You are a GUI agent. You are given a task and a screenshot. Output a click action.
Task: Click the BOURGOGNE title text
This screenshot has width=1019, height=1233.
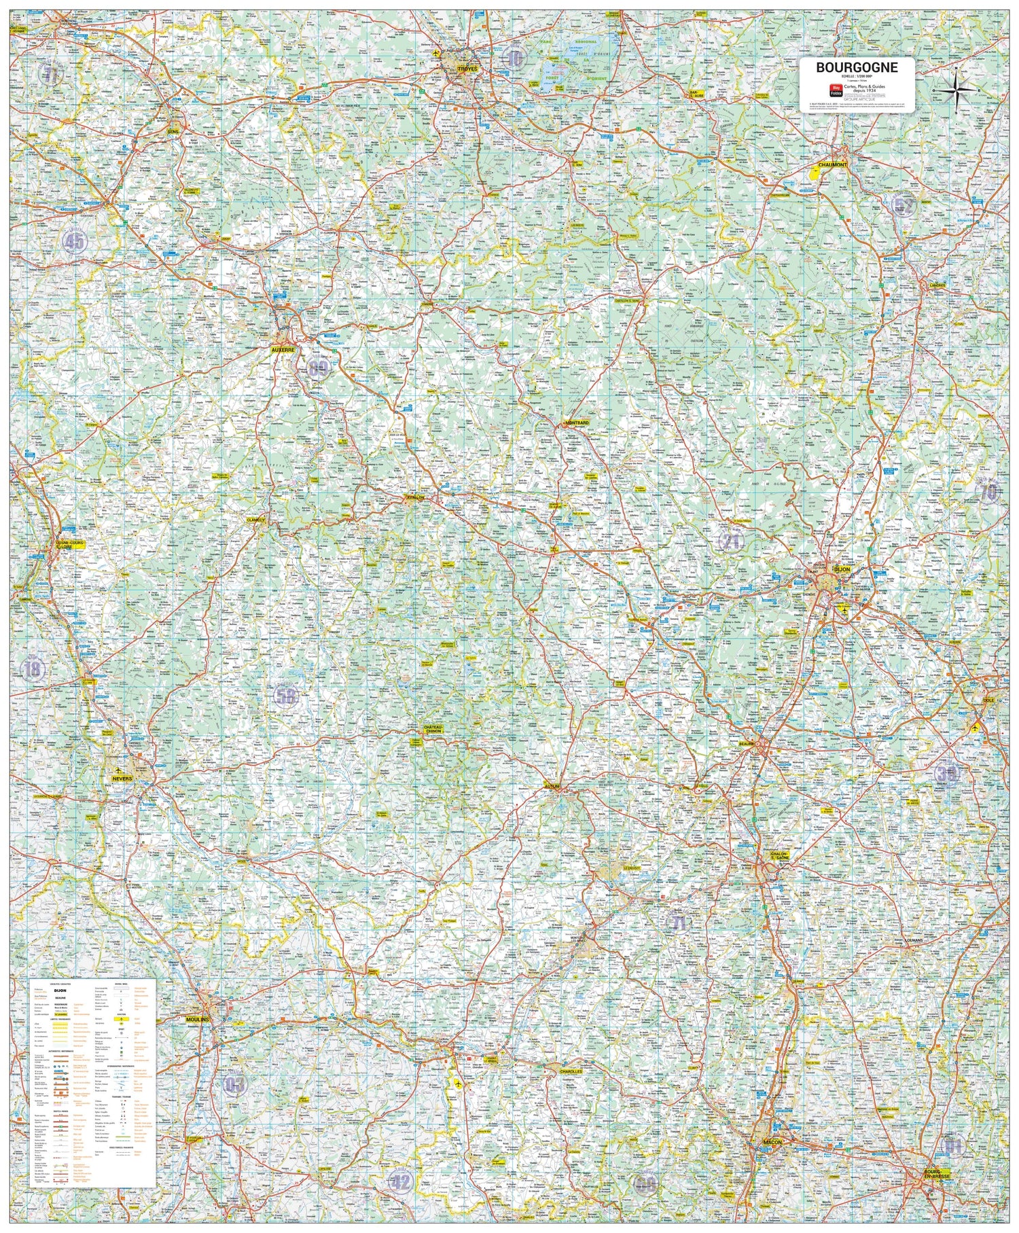coord(857,67)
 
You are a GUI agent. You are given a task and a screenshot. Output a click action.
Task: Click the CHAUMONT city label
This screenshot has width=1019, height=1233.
coord(832,165)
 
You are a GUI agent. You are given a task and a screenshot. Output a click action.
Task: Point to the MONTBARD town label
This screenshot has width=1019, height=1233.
coord(576,423)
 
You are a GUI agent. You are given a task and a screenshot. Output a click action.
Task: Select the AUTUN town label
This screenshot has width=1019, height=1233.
coord(551,787)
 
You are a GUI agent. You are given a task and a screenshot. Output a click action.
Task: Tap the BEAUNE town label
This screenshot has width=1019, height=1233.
coord(747,744)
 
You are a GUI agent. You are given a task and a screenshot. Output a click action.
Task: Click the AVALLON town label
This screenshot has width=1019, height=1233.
coord(415,497)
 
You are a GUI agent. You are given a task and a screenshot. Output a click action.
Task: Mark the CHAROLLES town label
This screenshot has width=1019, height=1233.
coord(571,1071)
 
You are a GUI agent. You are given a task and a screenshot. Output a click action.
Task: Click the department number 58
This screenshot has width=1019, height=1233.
coord(286,695)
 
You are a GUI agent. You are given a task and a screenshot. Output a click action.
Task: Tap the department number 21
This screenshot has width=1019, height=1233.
coord(731,541)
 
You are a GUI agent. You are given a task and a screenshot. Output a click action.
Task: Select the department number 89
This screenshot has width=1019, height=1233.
coord(317,369)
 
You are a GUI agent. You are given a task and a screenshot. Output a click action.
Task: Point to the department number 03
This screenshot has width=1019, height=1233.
coord(234,1084)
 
